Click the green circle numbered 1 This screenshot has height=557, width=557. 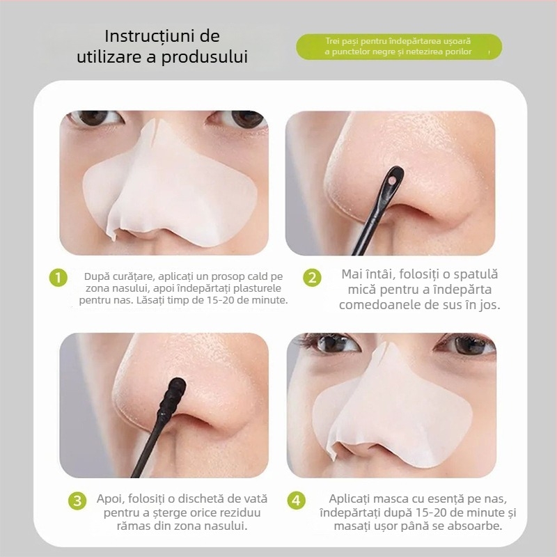(x=58, y=278)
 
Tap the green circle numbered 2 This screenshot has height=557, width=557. (x=313, y=278)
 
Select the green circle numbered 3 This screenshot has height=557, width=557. (x=77, y=501)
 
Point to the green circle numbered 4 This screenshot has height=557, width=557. (x=297, y=501)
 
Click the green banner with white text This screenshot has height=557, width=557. (x=398, y=47)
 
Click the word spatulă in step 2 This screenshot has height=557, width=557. (x=473, y=274)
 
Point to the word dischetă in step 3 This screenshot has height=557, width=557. (x=194, y=499)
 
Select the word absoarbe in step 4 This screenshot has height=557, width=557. (x=474, y=526)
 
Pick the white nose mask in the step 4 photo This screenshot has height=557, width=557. (x=390, y=411)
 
